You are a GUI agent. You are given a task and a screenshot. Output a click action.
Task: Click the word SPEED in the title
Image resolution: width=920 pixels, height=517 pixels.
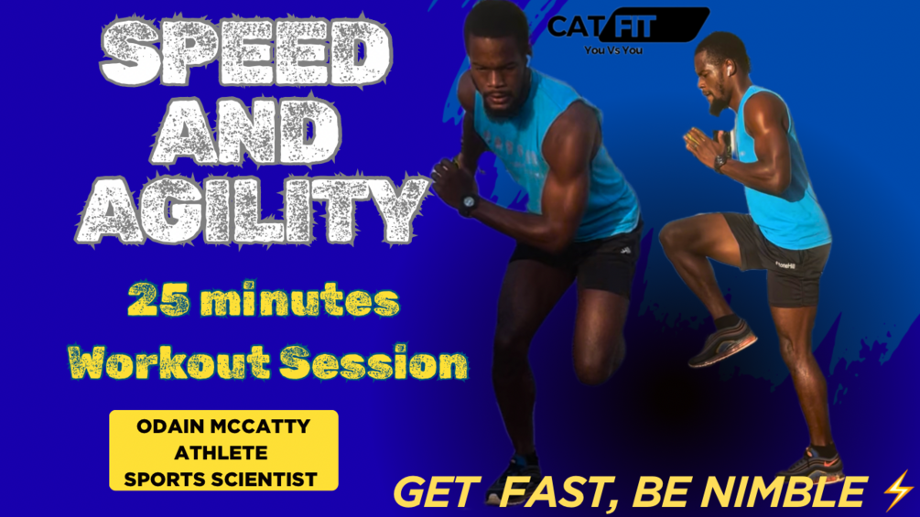coord(246,51)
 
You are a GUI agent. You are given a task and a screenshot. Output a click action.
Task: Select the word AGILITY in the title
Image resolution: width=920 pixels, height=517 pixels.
coord(253,210)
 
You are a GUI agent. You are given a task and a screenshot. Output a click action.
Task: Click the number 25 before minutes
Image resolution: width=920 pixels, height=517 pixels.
coord(158,300)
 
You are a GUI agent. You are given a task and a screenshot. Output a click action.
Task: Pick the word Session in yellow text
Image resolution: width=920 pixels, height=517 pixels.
coord(373,362)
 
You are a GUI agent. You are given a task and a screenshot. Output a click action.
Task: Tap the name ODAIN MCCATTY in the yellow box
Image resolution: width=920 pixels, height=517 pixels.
coord(223,426)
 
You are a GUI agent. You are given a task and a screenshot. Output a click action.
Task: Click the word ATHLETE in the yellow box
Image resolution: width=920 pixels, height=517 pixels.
coord(221,453)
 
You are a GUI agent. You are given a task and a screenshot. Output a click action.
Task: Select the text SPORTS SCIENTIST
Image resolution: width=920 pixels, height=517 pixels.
coord(221,479)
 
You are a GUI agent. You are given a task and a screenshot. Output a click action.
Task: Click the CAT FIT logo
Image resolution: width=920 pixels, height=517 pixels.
coord(628,26)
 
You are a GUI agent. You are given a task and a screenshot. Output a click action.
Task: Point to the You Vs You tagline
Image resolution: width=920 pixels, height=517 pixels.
coord(613,50)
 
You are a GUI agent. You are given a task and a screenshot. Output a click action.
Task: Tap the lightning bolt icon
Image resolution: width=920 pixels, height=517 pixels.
coord(898,490)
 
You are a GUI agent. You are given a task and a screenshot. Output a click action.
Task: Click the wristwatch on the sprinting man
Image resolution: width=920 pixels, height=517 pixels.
coord(468,203)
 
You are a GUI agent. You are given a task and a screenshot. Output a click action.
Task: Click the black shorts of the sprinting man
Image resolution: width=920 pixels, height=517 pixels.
coord(578,258)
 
